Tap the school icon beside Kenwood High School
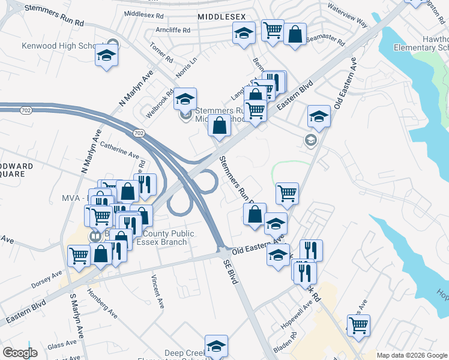(106, 56)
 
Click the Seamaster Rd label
(325, 40)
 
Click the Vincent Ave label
(158, 292)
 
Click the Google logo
(20, 352)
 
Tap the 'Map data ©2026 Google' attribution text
(412, 355)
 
